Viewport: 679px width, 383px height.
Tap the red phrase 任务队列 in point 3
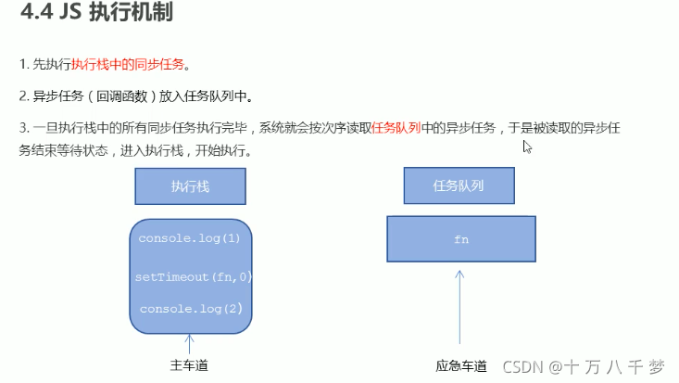point(396,128)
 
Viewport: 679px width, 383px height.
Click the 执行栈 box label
point(190,185)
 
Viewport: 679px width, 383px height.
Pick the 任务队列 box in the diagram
point(459,185)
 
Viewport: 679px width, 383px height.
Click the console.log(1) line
point(189,238)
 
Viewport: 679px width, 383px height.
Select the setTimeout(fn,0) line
point(194,276)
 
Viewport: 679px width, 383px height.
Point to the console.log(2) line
point(191,308)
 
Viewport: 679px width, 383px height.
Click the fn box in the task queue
point(461,239)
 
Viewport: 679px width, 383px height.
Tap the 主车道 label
point(189,365)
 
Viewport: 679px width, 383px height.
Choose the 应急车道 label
point(461,366)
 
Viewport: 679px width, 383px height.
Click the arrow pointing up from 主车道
point(190,343)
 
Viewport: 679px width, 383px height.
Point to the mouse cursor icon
point(527,147)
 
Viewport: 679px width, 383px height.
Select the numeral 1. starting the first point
point(23,64)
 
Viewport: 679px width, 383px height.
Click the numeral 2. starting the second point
point(23,96)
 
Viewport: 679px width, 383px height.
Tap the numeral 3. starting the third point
point(23,128)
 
